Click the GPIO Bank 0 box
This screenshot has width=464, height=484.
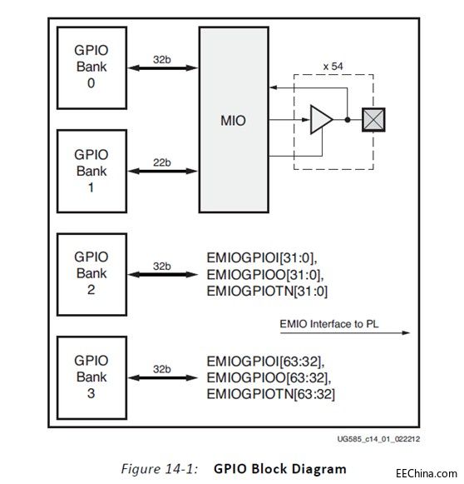pos(91,68)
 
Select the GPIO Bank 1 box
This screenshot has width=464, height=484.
pos(91,172)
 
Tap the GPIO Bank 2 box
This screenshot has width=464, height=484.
pos(91,274)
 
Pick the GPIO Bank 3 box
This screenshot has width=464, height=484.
pos(91,377)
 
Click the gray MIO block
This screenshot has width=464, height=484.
pos(234,120)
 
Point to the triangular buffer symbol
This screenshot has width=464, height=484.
pos(321,119)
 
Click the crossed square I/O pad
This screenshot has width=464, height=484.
pos(373,119)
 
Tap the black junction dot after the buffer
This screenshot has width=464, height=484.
pos(348,120)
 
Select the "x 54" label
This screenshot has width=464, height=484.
pos(333,66)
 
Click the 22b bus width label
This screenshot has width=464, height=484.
pos(162,162)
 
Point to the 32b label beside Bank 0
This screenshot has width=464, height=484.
pos(162,60)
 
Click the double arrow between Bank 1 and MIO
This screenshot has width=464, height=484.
pos(162,171)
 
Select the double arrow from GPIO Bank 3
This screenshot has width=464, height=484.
pos(162,377)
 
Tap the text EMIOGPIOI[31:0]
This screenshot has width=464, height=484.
pos(262,258)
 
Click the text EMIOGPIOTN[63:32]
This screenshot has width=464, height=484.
pos(271,394)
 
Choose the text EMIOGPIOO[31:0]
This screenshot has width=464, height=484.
pos(265,275)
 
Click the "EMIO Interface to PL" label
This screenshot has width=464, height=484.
pos(329,324)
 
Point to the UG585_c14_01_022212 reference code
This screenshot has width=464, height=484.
pos(378,439)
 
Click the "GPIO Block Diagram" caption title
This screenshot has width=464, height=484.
pos(280,468)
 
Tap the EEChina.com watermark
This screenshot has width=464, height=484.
pos(427,473)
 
